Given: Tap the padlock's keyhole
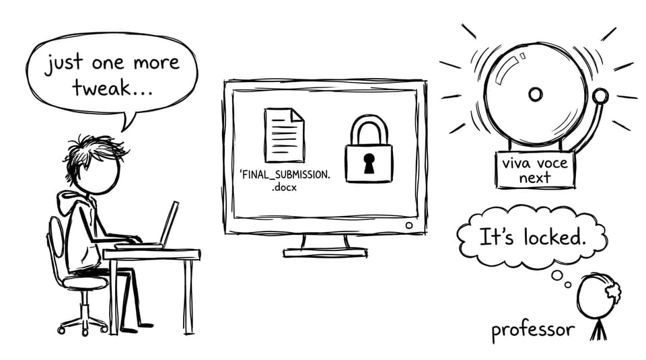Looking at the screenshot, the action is point(369,163).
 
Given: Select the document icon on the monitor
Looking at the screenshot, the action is point(285,135).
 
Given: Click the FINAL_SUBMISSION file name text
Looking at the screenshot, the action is point(285,180).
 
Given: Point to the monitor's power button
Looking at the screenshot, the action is point(408,225).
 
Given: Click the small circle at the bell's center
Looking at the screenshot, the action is point(535,94).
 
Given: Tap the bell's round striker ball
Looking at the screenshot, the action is point(600,96).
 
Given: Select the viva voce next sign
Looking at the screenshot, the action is point(535,170).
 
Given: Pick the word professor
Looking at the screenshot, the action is point(533,330).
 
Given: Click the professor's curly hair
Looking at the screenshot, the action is point(612,291).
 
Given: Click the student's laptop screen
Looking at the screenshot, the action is point(170,223).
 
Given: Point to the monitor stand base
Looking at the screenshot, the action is point(325,252).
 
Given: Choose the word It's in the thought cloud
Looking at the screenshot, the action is point(497,238).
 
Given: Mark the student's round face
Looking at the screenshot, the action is point(99,173).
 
